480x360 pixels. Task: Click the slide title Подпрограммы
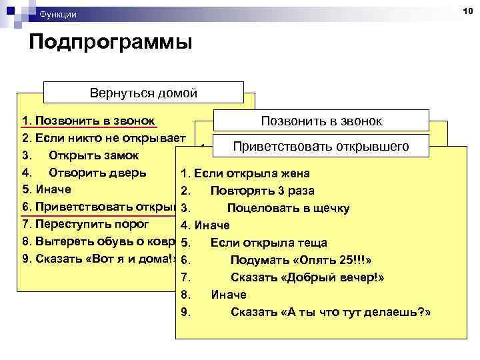pyautogui.click(x=110, y=43)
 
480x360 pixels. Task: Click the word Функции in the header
pyautogui.click(x=58, y=14)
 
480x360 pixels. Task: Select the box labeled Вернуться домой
pyautogui.click(x=143, y=93)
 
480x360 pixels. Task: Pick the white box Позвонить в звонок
pyautogui.click(x=321, y=121)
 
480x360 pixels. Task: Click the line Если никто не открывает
pyautogui.click(x=103, y=138)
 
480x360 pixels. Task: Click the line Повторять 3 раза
pyautogui.click(x=254, y=191)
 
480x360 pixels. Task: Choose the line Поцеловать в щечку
pyautogui.click(x=288, y=208)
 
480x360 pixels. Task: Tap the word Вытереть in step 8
pyautogui.click(x=58, y=241)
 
